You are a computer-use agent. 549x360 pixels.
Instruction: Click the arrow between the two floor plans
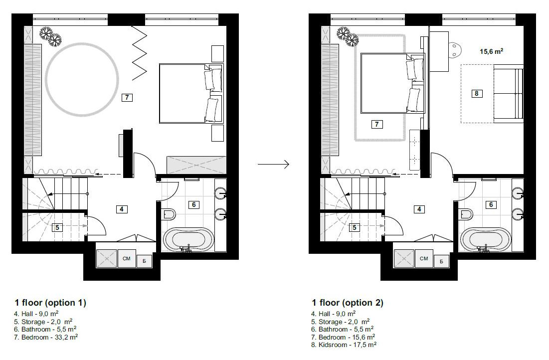(x=273, y=164)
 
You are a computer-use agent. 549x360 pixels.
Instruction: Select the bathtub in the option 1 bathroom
(x=188, y=240)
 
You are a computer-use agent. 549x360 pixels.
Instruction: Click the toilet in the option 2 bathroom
(x=466, y=214)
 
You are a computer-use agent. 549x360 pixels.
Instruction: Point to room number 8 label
(x=477, y=93)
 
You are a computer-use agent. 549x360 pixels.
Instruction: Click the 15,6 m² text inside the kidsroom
(x=491, y=51)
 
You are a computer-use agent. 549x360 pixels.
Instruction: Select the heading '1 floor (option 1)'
(x=50, y=303)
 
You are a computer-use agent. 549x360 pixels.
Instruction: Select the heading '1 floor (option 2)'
(x=348, y=303)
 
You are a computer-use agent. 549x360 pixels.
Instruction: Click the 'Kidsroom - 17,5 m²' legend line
(x=344, y=345)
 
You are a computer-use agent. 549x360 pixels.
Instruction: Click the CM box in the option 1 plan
(x=127, y=258)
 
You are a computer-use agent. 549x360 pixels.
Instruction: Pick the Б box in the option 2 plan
(x=441, y=261)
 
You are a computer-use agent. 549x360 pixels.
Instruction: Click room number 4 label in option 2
(x=419, y=209)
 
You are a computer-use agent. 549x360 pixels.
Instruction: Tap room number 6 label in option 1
(x=194, y=204)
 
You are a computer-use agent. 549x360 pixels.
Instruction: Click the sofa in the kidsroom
(x=508, y=95)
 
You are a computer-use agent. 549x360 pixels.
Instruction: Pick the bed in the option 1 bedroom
(x=189, y=93)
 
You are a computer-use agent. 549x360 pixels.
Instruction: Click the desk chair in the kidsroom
(x=455, y=48)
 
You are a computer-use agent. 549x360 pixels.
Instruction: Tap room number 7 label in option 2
(x=377, y=125)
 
